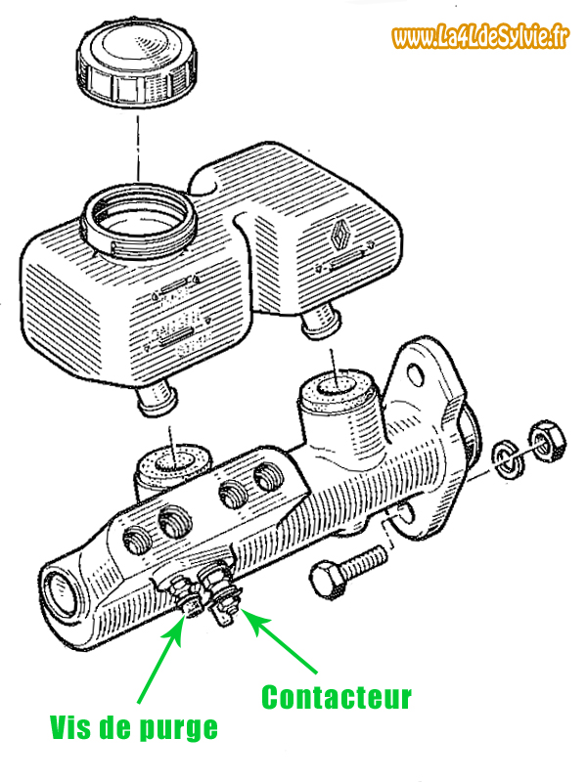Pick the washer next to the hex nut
coord(506,456)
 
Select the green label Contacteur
coord(336,697)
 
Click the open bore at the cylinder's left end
coord(60,592)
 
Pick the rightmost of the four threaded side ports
coord(267,479)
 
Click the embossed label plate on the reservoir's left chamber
coord(177,326)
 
